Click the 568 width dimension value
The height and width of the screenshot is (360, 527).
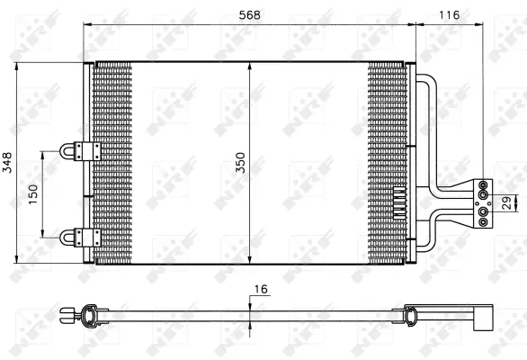coord(249,13)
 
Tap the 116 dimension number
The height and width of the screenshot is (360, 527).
coord(447,13)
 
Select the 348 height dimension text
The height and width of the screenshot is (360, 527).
coord(8,162)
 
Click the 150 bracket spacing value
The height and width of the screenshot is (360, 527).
coord(34,194)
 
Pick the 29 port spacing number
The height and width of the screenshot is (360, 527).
coord(505,202)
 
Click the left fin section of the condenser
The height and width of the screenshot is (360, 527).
coord(112,162)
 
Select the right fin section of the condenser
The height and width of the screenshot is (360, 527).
coord(388,135)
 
